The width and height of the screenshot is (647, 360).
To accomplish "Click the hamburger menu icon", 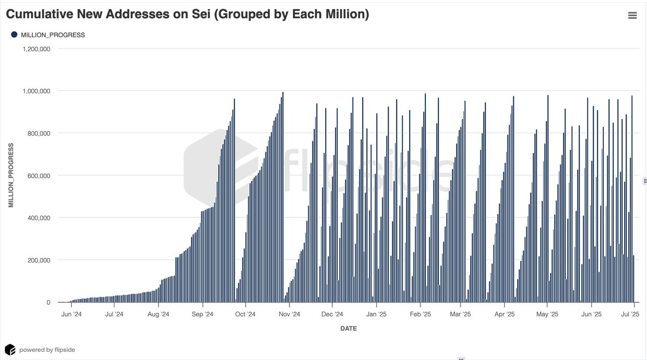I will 632,16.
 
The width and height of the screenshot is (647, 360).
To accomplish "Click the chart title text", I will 188,15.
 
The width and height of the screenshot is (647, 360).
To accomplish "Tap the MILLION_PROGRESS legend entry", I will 52,35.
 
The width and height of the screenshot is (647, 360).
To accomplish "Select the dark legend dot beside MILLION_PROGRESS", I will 14,34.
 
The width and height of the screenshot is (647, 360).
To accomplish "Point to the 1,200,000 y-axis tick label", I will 37,49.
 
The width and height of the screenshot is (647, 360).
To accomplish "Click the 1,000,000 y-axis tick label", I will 37,91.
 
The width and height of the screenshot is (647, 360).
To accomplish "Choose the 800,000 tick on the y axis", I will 39,133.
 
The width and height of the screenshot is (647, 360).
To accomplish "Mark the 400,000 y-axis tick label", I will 39,218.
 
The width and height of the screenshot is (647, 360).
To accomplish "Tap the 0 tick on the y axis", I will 48,303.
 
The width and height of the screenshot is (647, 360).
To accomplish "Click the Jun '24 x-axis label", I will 71,314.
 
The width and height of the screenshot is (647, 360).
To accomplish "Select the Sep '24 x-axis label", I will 202,314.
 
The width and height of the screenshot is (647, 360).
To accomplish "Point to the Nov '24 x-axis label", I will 289,314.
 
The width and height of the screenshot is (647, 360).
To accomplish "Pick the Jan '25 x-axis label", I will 376,314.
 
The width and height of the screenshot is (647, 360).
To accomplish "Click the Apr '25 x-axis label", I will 504,314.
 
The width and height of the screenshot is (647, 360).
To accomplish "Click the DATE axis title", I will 348,328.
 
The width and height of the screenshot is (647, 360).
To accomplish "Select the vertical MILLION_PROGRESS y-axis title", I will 11,175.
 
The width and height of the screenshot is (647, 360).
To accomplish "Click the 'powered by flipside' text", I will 47,350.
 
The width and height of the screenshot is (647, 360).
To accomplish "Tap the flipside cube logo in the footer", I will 10,349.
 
